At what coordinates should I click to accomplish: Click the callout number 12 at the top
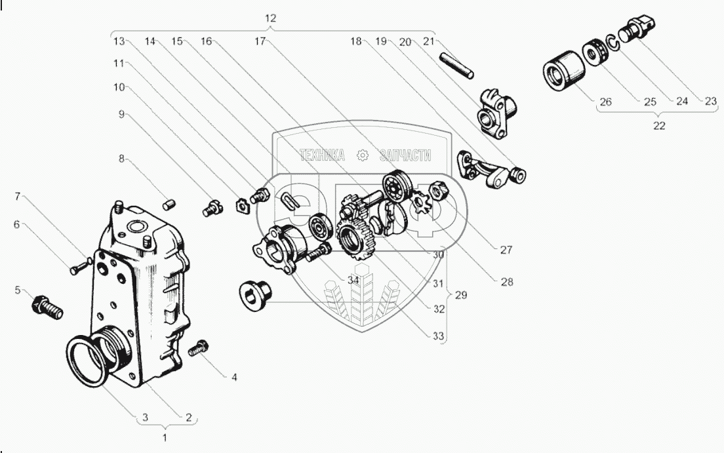[x=270, y=19]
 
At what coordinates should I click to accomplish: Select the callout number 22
[x=659, y=126]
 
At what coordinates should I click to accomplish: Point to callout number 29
[x=460, y=296]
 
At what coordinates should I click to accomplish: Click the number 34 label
[x=353, y=281]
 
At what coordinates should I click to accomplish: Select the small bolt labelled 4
[x=199, y=349]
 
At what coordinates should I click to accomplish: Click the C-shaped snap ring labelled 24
[x=614, y=44]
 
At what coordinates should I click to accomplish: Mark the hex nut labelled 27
[x=438, y=193]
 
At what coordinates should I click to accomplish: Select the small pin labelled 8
[x=169, y=205]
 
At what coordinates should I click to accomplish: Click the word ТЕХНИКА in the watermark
[x=322, y=155]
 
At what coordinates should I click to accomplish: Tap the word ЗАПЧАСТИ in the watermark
[x=405, y=155]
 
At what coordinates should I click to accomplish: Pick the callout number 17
[x=260, y=41]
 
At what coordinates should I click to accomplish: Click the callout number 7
[x=18, y=196]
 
